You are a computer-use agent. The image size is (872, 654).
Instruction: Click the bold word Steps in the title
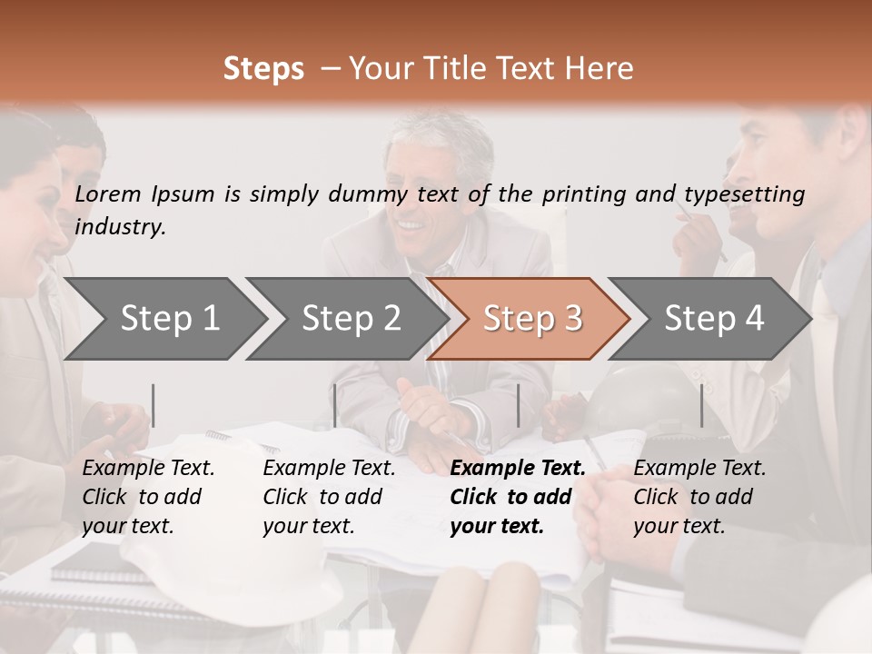point(263,68)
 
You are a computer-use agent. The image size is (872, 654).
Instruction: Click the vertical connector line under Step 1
point(154,405)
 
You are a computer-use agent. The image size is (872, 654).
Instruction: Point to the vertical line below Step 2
point(335,405)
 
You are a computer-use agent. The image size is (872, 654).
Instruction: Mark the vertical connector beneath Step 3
point(518,405)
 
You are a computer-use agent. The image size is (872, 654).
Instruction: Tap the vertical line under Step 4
point(701,405)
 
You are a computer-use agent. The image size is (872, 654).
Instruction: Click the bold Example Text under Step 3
point(518,469)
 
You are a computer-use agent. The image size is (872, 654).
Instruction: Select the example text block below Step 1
point(148,497)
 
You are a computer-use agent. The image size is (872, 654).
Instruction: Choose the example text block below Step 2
point(329,497)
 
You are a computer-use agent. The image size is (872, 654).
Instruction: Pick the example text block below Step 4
point(699,497)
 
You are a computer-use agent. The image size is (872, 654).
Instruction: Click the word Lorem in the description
point(108,193)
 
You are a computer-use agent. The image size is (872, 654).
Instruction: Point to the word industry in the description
point(120,227)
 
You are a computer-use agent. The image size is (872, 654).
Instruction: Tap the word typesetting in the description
point(744,194)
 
